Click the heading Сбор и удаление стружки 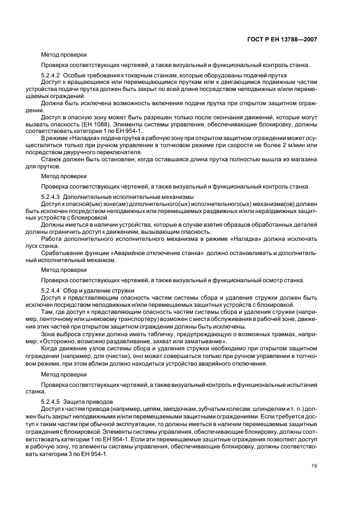(x=95, y=291)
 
